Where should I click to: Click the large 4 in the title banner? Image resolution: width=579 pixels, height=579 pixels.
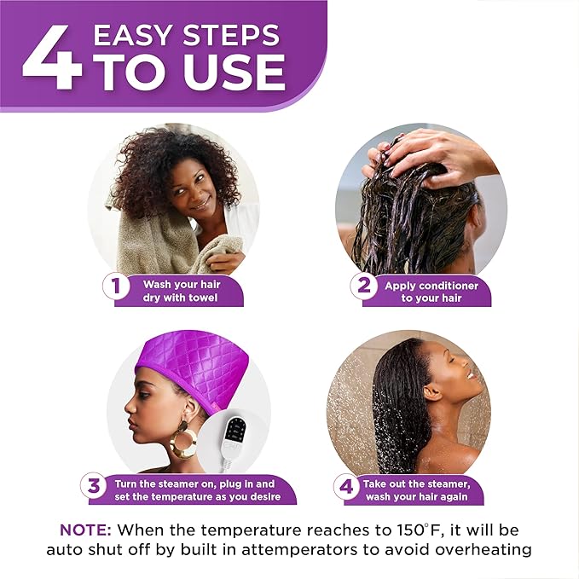(x=52, y=60)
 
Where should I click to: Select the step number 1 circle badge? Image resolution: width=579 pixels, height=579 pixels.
(x=116, y=285)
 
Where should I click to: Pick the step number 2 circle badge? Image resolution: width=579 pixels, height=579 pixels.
(x=365, y=285)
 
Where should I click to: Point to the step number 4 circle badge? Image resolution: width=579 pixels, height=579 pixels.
(x=345, y=487)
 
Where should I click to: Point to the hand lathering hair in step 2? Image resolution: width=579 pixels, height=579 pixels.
(x=426, y=150)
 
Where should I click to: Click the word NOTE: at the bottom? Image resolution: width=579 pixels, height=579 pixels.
(x=85, y=529)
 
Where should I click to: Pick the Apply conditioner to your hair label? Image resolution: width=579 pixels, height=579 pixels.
(x=431, y=292)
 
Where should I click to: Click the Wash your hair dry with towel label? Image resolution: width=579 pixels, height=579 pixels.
(x=180, y=291)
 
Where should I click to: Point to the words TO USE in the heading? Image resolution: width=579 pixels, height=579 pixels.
(x=189, y=72)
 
